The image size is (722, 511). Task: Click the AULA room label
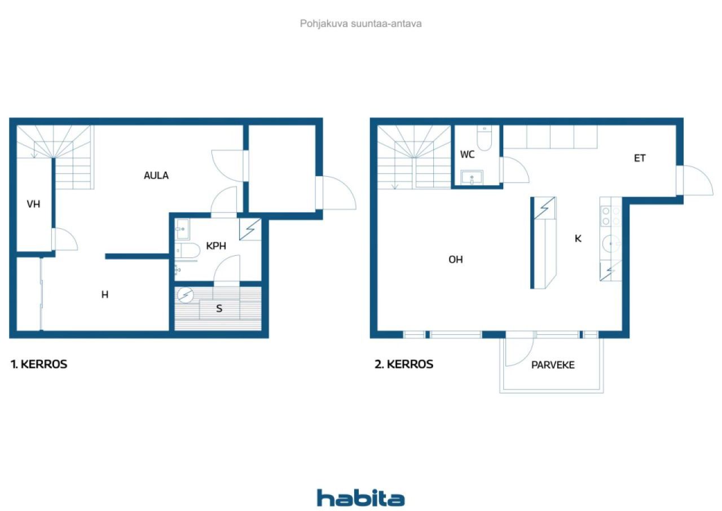(x=156, y=176)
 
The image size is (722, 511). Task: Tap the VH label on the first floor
(x=33, y=204)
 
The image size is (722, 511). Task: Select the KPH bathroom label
(x=216, y=246)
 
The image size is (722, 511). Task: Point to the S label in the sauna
(x=219, y=309)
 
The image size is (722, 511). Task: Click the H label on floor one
(x=105, y=294)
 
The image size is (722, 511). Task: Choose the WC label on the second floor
(x=468, y=155)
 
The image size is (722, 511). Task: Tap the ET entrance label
(x=640, y=158)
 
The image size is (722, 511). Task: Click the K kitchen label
(x=578, y=238)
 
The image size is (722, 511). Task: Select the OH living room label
(x=455, y=259)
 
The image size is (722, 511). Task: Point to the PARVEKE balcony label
(x=553, y=365)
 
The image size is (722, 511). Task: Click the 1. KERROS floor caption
(x=39, y=364)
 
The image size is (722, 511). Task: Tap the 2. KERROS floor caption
(x=404, y=364)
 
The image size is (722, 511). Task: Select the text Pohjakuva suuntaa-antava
(x=360, y=24)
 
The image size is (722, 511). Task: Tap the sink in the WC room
(x=472, y=177)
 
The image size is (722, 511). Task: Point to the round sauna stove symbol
(x=186, y=295)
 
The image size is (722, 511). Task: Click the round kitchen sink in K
(x=611, y=243)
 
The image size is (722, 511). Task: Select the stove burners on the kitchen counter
(x=611, y=216)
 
